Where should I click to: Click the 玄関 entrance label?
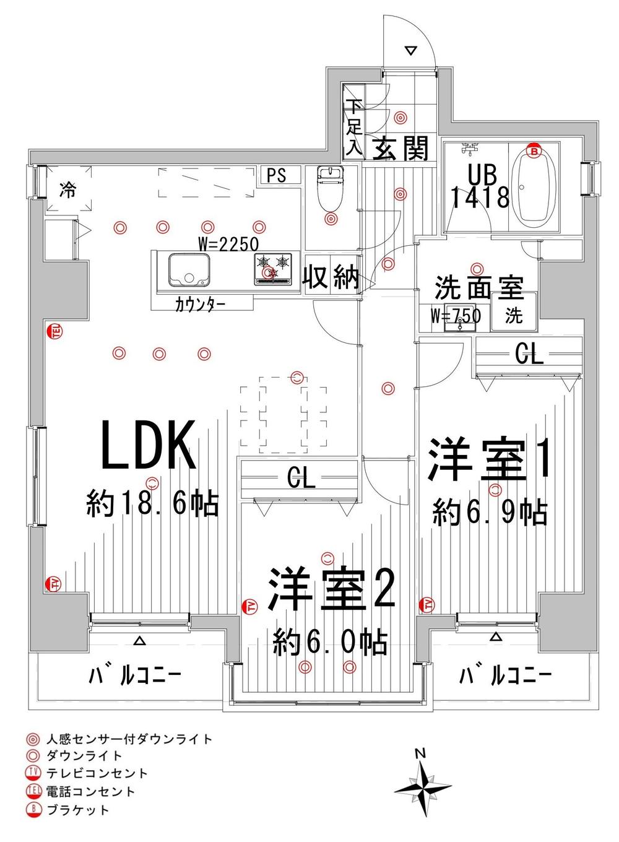click(x=400, y=149)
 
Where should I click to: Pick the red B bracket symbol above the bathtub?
click(x=534, y=149)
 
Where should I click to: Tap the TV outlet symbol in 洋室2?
click(x=250, y=606)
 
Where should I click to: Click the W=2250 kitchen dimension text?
click(x=228, y=243)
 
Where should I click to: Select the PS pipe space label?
click(x=277, y=175)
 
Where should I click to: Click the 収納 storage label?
click(x=331, y=277)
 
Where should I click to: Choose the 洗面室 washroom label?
click(x=478, y=287)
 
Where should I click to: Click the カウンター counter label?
click(x=200, y=305)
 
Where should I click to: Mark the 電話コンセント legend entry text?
click(x=90, y=791)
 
